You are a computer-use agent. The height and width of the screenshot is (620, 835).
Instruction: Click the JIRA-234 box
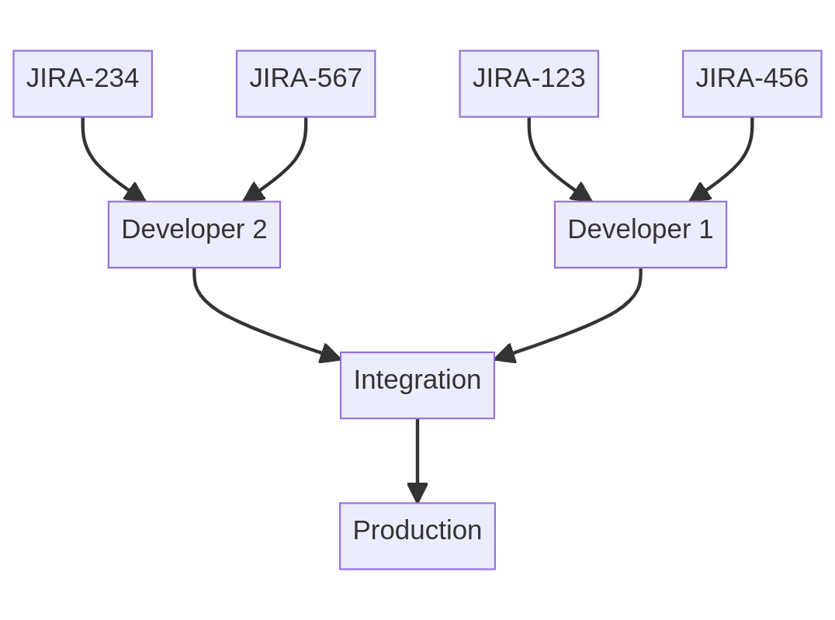tap(82, 84)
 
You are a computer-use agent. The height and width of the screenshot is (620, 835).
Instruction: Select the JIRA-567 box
tap(306, 84)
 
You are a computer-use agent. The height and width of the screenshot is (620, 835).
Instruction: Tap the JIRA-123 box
tap(528, 84)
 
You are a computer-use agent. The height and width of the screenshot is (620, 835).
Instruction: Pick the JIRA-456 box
tap(752, 84)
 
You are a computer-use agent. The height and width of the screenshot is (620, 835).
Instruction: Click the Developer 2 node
tap(194, 234)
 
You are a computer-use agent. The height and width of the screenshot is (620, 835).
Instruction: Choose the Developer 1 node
tap(640, 234)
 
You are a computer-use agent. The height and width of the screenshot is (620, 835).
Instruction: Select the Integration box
tap(417, 385)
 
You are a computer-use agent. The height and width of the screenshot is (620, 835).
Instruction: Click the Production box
tap(417, 535)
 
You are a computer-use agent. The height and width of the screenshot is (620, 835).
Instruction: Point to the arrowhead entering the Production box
tap(417, 494)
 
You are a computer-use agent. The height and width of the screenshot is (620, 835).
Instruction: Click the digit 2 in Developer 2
tap(259, 230)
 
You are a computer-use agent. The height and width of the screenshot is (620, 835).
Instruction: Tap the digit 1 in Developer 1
tap(705, 230)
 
